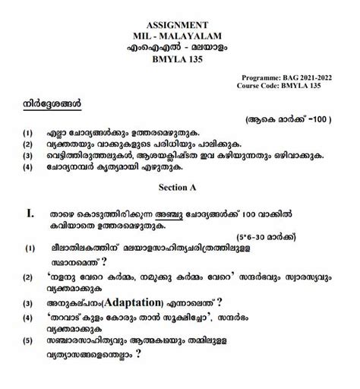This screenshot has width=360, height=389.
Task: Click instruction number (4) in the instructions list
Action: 28,169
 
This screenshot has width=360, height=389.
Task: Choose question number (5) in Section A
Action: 28,363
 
